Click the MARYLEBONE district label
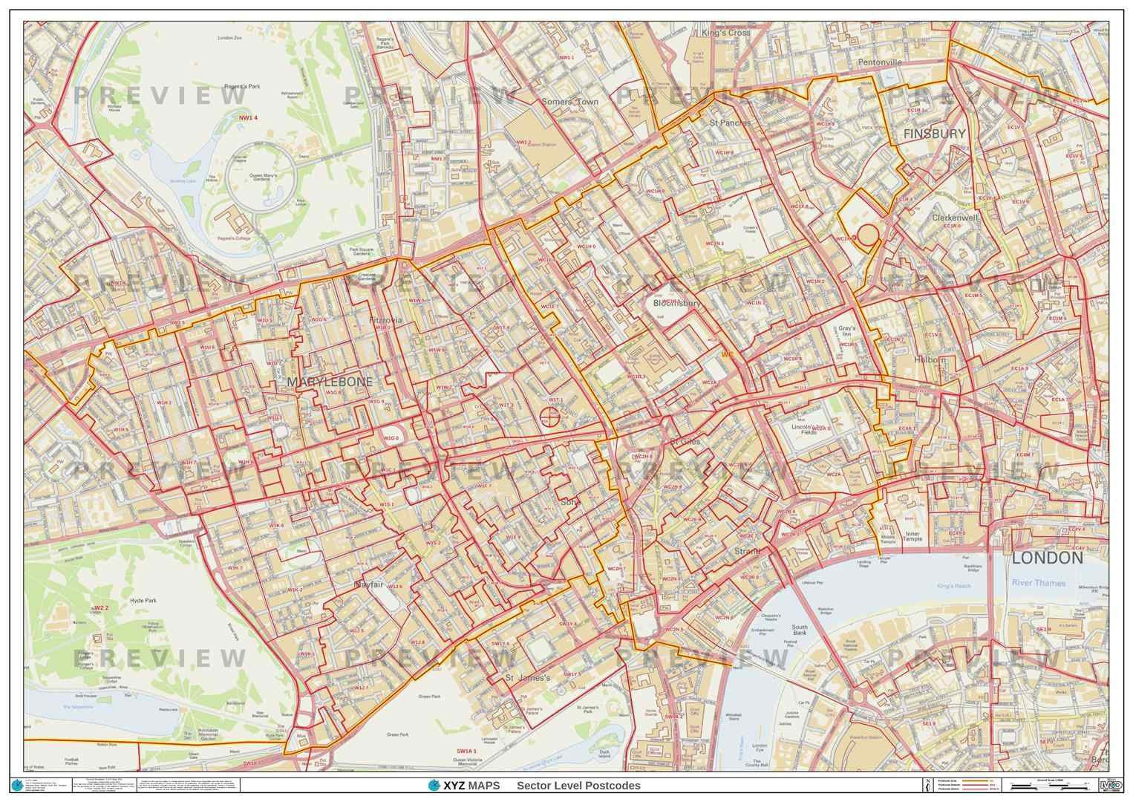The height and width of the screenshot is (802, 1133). point(329,381)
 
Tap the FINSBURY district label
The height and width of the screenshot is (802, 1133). point(934,134)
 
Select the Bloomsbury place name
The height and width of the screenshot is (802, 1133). point(677,303)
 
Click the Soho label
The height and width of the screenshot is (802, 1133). point(570,502)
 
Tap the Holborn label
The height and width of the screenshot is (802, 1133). point(931,359)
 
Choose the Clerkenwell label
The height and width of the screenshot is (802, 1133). point(956,218)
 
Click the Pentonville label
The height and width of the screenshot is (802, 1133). point(880,62)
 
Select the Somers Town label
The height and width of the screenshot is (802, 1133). point(569,101)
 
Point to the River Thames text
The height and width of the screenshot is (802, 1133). point(1038,583)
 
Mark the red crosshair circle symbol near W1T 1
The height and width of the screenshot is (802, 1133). point(550,417)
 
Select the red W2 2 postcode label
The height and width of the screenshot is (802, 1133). point(102,607)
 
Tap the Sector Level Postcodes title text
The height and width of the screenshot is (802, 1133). point(578,786)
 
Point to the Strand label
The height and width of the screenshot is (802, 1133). point(747,552)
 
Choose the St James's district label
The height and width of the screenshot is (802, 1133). point(527,677)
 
